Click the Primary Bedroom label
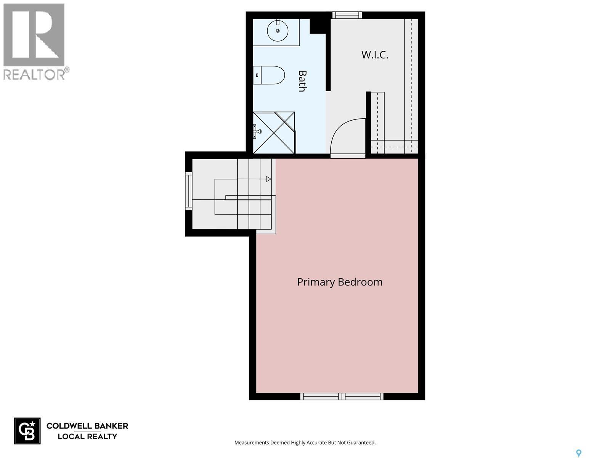tap(339, 282)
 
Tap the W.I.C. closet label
tap(375, 55)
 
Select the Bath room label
tap(302, 81)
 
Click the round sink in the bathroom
tap(278, 30)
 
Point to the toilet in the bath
tap(269, 75)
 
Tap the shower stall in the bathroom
tap(274, 132)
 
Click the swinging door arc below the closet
tap(348, 137)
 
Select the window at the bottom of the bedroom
tap(342, 396)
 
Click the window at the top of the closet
tap(347, 15)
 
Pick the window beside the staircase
tap(189, 190)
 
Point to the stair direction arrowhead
tap(268, 179)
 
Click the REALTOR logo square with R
tap(34, 35)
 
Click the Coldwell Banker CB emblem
tap(27, 431)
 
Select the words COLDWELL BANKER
tap(87, 426)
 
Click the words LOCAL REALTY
tap(87, 436)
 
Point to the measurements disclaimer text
tap(305, 443)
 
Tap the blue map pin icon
tap(578, 453)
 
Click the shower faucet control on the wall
tap(257, 132)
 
